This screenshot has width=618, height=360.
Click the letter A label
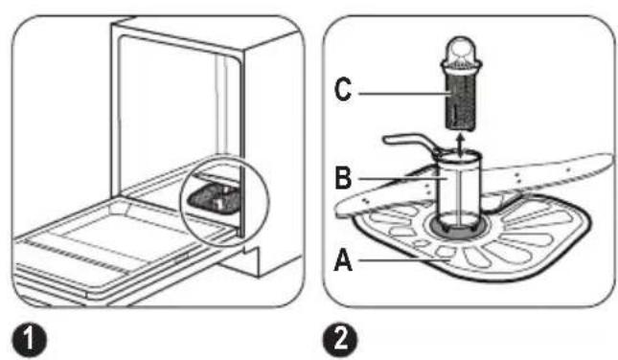343,260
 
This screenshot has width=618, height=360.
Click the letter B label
343,178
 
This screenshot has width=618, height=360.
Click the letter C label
342,90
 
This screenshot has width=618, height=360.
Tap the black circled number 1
29,340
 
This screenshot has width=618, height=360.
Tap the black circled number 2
340,340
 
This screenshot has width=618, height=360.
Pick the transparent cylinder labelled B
458,190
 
